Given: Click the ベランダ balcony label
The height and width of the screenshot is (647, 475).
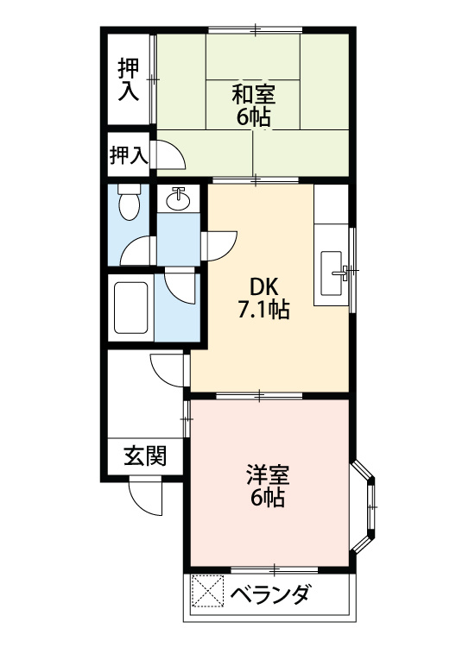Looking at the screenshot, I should tap(270, 595).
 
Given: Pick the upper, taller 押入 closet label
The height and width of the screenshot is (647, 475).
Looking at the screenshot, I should tap(129, 79).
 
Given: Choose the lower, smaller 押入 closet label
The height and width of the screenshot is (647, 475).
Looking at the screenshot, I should tap(128, 155).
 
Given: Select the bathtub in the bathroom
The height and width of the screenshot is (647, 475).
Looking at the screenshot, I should tap(131, 306).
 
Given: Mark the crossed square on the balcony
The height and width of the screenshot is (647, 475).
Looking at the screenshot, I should tap(206, 593).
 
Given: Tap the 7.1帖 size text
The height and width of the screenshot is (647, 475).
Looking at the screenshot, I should tap(263, 309).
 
